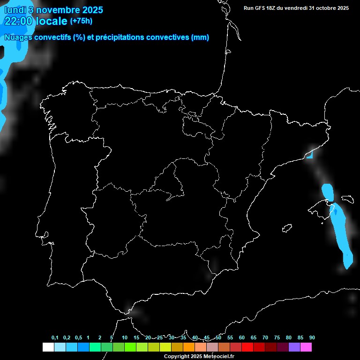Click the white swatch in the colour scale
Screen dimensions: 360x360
coord(48,347)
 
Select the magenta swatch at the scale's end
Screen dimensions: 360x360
coord(306,347)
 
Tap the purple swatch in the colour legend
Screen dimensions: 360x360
coord(294,347)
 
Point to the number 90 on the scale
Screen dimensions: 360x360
coord(312,337)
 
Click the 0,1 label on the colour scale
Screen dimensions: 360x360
coord(55,337)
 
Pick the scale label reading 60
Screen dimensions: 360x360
coord(242,337)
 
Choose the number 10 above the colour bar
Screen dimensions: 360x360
coord(124,337)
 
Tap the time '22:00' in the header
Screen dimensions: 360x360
coord(18,21)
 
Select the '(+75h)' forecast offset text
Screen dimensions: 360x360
coord(82,21)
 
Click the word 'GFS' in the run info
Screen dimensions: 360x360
coord(262,7)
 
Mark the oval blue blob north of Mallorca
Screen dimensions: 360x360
coord(328,192)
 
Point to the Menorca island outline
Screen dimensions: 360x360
coord(347,199)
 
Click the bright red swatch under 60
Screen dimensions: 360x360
coord(247,347)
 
